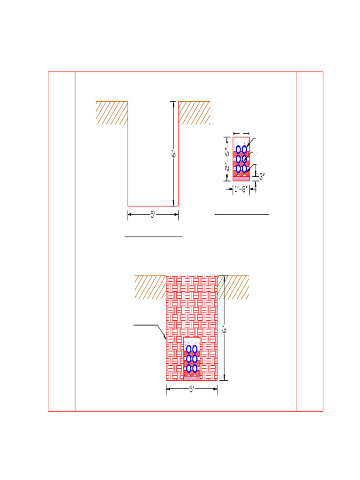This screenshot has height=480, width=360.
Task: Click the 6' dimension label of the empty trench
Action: (x=173, y=154)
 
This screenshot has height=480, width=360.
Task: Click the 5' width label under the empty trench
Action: (x=153, y=215)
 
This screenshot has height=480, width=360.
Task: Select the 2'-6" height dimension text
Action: (x=226, y=159)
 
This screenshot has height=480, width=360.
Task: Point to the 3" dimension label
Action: (x=262, y=177)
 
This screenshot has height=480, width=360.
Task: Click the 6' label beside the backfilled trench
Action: (x=225, y=330)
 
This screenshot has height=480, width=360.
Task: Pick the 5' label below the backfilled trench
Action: (x=192, y=389)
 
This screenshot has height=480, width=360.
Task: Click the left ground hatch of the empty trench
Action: (x=112, y=112)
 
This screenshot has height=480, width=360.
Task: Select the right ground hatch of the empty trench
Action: (x=194, y=112)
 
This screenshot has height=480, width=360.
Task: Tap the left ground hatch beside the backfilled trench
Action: (x=150, y=287)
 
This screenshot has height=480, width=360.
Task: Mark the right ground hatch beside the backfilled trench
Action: (x=233, y=287)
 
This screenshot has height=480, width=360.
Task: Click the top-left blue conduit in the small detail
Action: (x=239, y=150)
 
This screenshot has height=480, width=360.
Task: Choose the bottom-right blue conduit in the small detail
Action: (x=244, y=168)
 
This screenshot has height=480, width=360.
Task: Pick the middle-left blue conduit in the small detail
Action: (x=239, y=159)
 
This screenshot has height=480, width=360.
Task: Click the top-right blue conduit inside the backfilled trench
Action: (x=195, y=349)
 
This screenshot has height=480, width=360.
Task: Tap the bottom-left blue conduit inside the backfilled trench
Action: (x=189, y=368)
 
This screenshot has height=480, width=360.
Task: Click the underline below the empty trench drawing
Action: (x=153, y=237)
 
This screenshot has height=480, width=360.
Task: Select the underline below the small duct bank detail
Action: (x=241, y=214)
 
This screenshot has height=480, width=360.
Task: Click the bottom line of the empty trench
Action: (x=153, y=206)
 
